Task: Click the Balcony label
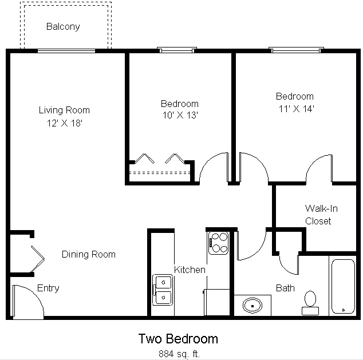63,26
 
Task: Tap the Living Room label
64,110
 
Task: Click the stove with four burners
218,242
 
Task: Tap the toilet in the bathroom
310,302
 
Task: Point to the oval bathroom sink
252,305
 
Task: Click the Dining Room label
89,254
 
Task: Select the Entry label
48,288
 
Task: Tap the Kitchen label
190,270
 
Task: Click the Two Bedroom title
178,339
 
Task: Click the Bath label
285,287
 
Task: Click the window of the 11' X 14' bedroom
296,50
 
